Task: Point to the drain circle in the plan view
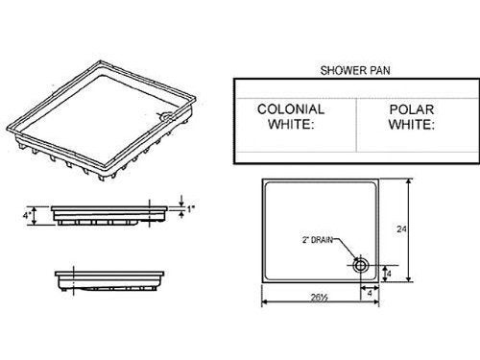coord(363,263)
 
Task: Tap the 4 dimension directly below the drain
coord(369,293)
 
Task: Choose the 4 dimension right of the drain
coord(388,274)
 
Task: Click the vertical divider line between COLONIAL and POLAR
coord(355,118)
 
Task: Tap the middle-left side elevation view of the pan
coord(106,213)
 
